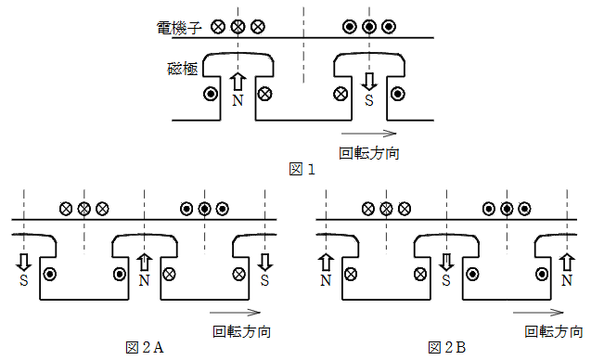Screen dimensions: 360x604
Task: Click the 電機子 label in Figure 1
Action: click(x=178, y=29)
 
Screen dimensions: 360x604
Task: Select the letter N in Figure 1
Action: click(x=238, y=99)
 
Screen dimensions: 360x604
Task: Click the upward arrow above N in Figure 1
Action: click(x=238, y=82)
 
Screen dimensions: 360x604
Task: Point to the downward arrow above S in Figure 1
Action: click(x=369, y=81)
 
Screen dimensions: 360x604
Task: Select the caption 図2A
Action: click(x=145, y=347)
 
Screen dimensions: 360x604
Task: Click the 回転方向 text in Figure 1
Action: click(x=370, y=152)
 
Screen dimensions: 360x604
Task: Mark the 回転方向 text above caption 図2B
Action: click(x=554, y=330)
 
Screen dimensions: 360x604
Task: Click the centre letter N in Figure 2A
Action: click(x=144, y=278)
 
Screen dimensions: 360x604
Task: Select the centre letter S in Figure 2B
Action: click(x=446, y=278)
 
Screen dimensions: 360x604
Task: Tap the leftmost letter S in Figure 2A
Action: click(x=23, y=278)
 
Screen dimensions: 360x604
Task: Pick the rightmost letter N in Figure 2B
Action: click(x=567, y=278)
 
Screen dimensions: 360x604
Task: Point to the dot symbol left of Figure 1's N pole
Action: click(x=211, y=93)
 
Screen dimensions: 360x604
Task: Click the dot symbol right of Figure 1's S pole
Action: click(x=397, y=93)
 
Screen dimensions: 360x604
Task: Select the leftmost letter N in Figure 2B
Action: click(x=326, y=278)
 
